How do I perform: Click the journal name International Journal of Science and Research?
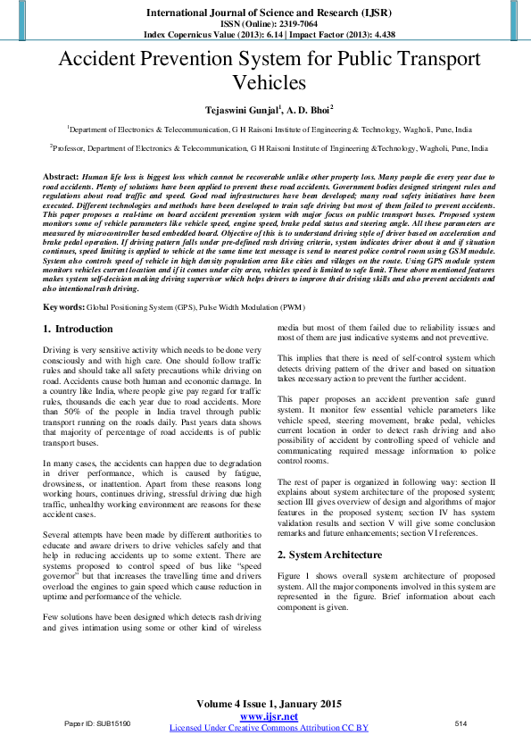[x=265, y=13]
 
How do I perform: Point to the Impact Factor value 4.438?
[x=372, y=35]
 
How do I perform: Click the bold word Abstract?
[x=60, y=179]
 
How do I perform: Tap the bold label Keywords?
[x=64, y=307]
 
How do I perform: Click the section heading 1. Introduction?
[x=79, y=330]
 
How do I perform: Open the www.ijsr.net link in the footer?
[x=269, y=717]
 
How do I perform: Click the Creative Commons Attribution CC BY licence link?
[x=269, y=728]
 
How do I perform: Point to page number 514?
[x=461, y=723]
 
